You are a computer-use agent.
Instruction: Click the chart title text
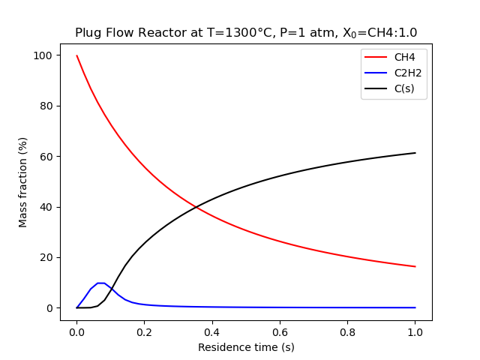click(x=246, y=32)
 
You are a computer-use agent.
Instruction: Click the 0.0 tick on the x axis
click(x=76, y=331)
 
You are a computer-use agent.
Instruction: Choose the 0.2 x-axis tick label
click(x=145, y=331)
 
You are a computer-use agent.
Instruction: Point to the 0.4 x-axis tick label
click(x=212, y=331)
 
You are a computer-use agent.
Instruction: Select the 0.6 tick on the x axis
click(x=280, y=331)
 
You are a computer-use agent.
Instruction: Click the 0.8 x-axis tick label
click(x=347, y=331)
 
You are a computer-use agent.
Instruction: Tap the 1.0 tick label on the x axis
click(x=415, y=331)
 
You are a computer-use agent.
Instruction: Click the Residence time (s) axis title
click(x=246, y=347)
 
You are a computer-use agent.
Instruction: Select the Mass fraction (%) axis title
click(x=23, y=182)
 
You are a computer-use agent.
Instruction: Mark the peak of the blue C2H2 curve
click(x=100, y=283)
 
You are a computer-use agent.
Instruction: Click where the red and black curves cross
click(x=196, y=206)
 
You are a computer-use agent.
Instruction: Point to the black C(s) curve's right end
click(x=415, y=153)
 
